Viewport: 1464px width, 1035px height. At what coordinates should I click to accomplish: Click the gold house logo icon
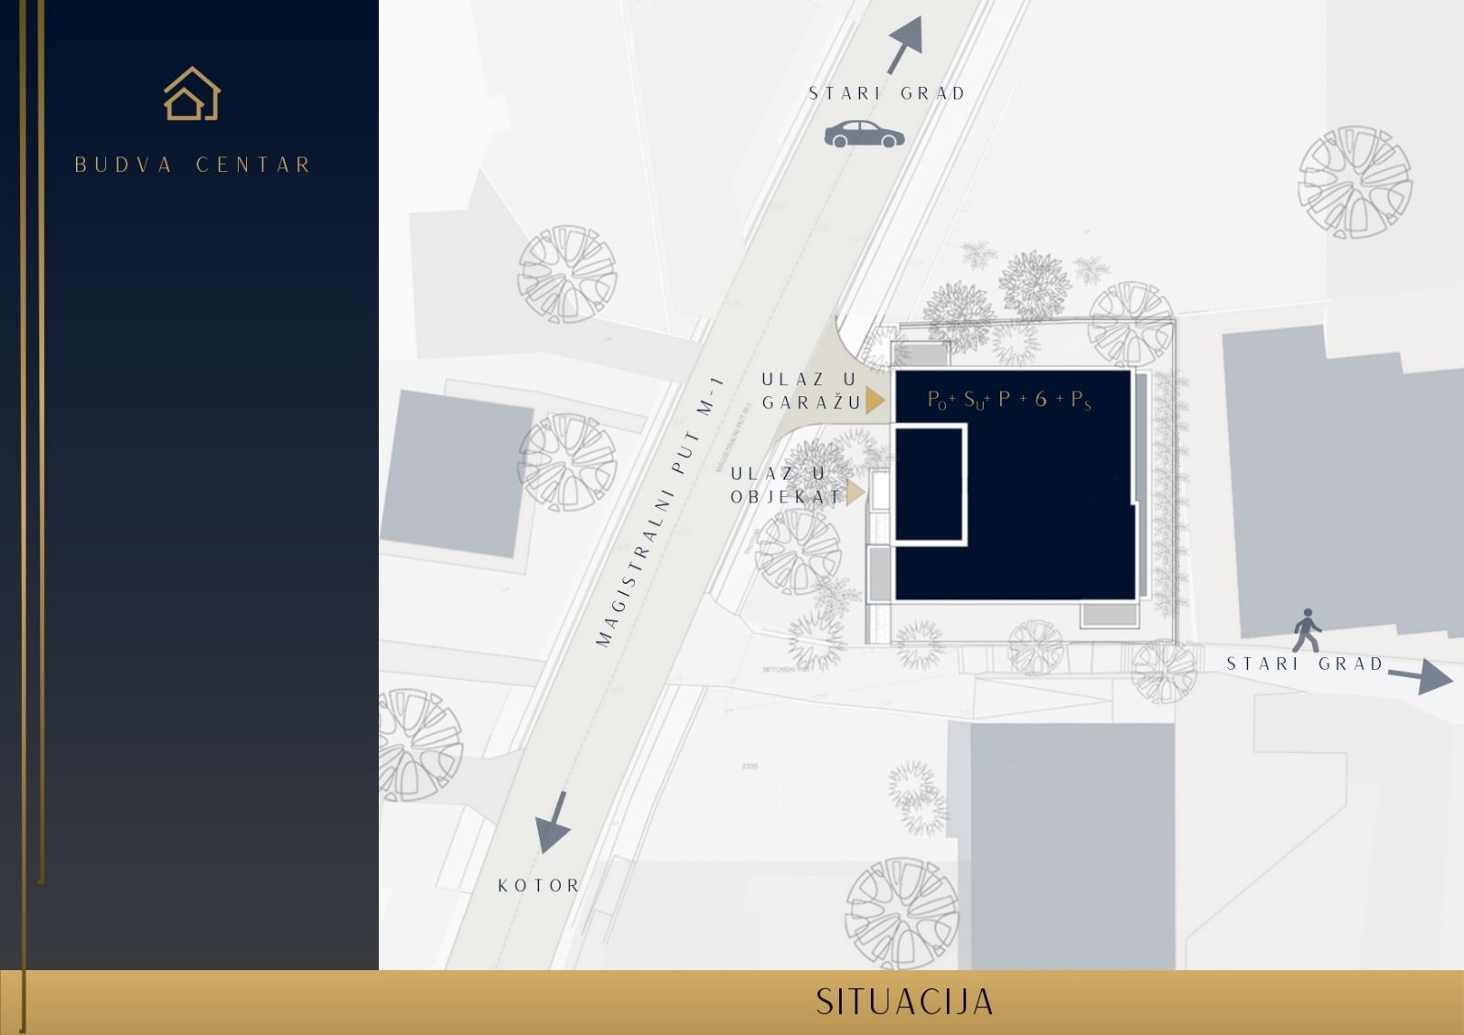[192, 93]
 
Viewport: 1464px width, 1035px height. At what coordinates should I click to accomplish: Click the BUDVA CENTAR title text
[193, 166]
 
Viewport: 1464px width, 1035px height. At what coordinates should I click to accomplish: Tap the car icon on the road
[864, 135]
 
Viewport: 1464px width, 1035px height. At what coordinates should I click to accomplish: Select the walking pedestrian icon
[1308, 630]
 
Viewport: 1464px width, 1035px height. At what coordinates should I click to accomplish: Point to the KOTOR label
[539, 886]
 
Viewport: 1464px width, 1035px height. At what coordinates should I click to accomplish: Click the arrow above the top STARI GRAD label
[904, 45]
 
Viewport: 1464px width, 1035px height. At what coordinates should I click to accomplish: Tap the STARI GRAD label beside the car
[887, 93]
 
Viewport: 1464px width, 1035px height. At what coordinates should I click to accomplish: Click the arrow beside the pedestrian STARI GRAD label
[1420, 678]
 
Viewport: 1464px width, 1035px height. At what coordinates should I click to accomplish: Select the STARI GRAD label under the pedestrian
[1305, 664]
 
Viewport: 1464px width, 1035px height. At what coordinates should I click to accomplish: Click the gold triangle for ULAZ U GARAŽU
[876, 401]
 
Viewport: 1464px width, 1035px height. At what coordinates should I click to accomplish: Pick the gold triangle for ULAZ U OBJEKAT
[856, 494]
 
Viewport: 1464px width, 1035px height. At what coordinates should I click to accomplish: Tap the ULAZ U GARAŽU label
[810, 391]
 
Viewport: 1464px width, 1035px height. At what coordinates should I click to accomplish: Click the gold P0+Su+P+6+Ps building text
[1009, 400]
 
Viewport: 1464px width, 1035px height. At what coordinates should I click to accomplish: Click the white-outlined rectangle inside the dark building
[930, 485]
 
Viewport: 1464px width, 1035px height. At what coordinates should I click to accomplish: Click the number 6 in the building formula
[1040, 399]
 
